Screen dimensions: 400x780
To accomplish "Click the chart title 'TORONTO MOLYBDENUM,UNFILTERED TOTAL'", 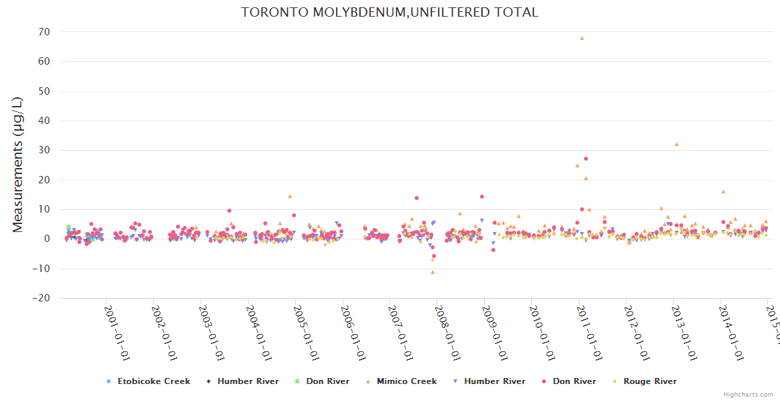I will (389, 13).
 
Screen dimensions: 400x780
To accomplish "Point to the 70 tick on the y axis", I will (44, 32).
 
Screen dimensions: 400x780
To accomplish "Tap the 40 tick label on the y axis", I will (44, 121).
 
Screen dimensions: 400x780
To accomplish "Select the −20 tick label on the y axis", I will (41, 299).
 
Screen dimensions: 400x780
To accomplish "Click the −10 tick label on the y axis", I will (41, 269).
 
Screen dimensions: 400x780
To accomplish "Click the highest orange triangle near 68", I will (581, 38).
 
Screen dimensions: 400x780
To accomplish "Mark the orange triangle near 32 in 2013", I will (676, 144).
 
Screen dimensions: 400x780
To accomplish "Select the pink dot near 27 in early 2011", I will (586, 159).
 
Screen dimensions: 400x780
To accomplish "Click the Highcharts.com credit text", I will (748, 395).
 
